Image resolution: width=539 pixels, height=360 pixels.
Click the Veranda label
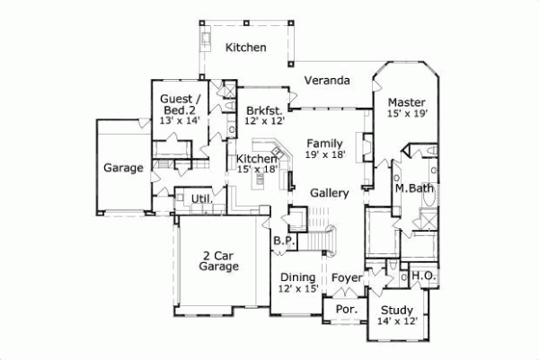326,81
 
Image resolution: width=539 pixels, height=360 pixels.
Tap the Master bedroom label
407,101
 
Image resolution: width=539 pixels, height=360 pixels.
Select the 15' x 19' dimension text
407,114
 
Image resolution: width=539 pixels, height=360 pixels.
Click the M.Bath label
414,189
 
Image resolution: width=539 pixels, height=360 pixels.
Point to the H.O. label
424,277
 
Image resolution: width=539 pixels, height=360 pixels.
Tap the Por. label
347,310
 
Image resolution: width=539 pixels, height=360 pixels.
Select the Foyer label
347,277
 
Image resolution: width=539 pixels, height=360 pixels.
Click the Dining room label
297,277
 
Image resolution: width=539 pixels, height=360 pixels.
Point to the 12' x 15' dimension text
297,289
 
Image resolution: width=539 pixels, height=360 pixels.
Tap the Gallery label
329,193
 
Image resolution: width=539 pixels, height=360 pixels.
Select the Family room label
323,143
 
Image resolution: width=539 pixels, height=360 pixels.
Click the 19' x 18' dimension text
323,154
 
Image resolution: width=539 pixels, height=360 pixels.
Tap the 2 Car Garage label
218,260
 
